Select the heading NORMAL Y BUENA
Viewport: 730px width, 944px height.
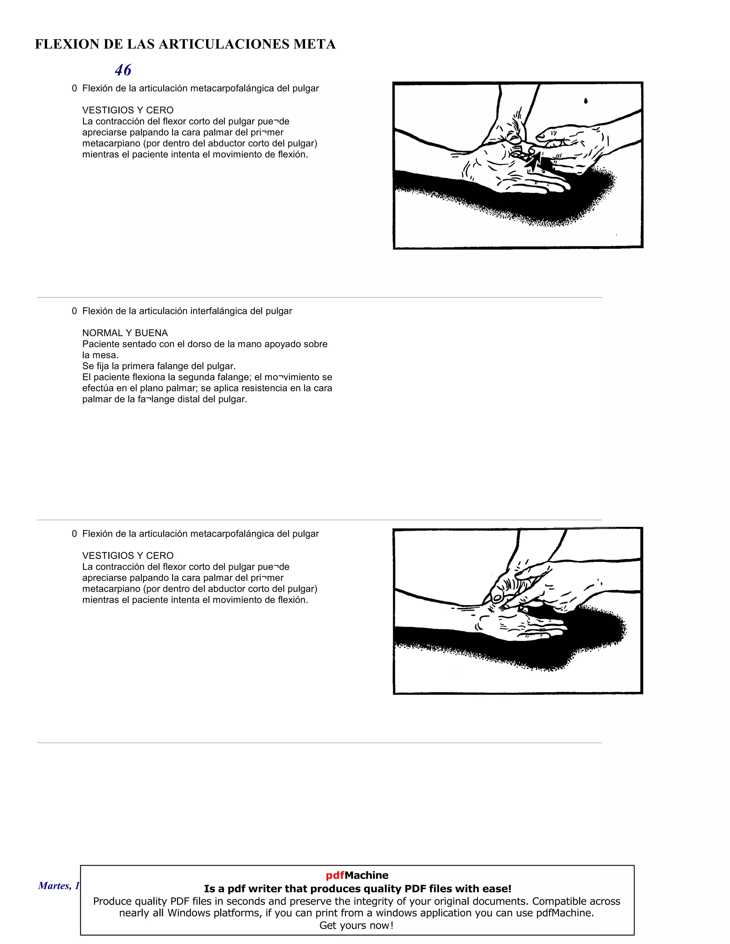coord(125,333)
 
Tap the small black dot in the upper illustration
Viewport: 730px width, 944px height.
coord(586,101)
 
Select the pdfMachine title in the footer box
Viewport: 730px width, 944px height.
coord(357,875)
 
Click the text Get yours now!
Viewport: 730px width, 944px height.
coord(357,925)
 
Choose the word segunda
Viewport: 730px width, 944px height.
coord(195,377)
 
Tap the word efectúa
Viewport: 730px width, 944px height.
coord(99,388)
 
